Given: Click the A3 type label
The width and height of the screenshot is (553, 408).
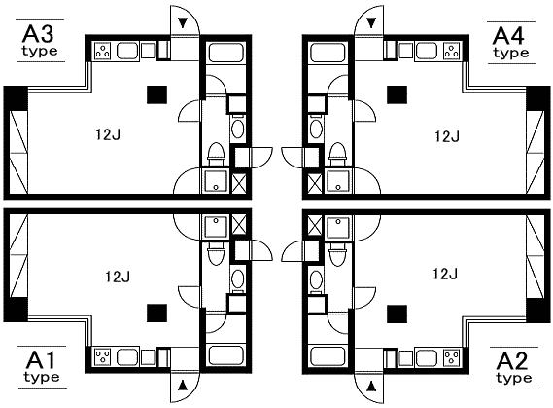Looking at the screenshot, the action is tap(40, 41).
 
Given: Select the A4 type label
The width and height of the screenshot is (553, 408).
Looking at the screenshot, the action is tap(510, 43).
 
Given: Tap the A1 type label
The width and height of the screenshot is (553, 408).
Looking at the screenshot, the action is tap(41, 367).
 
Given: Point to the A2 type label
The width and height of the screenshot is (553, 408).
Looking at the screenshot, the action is tap(513, 368).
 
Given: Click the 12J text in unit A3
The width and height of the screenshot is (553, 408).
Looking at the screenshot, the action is tap(108, 134).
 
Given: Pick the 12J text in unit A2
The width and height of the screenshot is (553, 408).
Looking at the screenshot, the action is tap(445, 274).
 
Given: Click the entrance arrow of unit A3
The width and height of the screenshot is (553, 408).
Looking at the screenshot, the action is tap(183, 23).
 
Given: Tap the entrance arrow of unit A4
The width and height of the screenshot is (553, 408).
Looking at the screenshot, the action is tap(371, 23).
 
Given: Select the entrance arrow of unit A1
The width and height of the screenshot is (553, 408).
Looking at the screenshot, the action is tap(183, 386).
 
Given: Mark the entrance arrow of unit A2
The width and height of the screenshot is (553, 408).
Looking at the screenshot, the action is tap(371, 387).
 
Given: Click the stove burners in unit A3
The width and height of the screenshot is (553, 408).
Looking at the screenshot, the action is tap(103, 51).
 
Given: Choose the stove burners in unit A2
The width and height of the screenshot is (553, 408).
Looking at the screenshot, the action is tap(451, 357).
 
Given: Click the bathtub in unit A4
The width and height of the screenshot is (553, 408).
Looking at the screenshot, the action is tap(328, 53).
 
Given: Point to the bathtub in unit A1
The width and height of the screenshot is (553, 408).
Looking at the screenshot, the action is tap(225, 355).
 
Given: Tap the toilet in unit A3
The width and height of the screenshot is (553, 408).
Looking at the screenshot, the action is tap(216, 154).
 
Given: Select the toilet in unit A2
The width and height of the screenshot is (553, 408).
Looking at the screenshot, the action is tap(337, 254).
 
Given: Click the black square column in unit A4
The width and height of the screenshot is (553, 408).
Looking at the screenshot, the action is tap(397, 95).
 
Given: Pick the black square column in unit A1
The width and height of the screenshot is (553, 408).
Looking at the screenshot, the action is tap(156, 314).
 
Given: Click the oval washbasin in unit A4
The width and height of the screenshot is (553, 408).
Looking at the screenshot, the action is tap(316, 129).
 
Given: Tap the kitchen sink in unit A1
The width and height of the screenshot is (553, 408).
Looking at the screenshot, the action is tap(127, 357).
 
